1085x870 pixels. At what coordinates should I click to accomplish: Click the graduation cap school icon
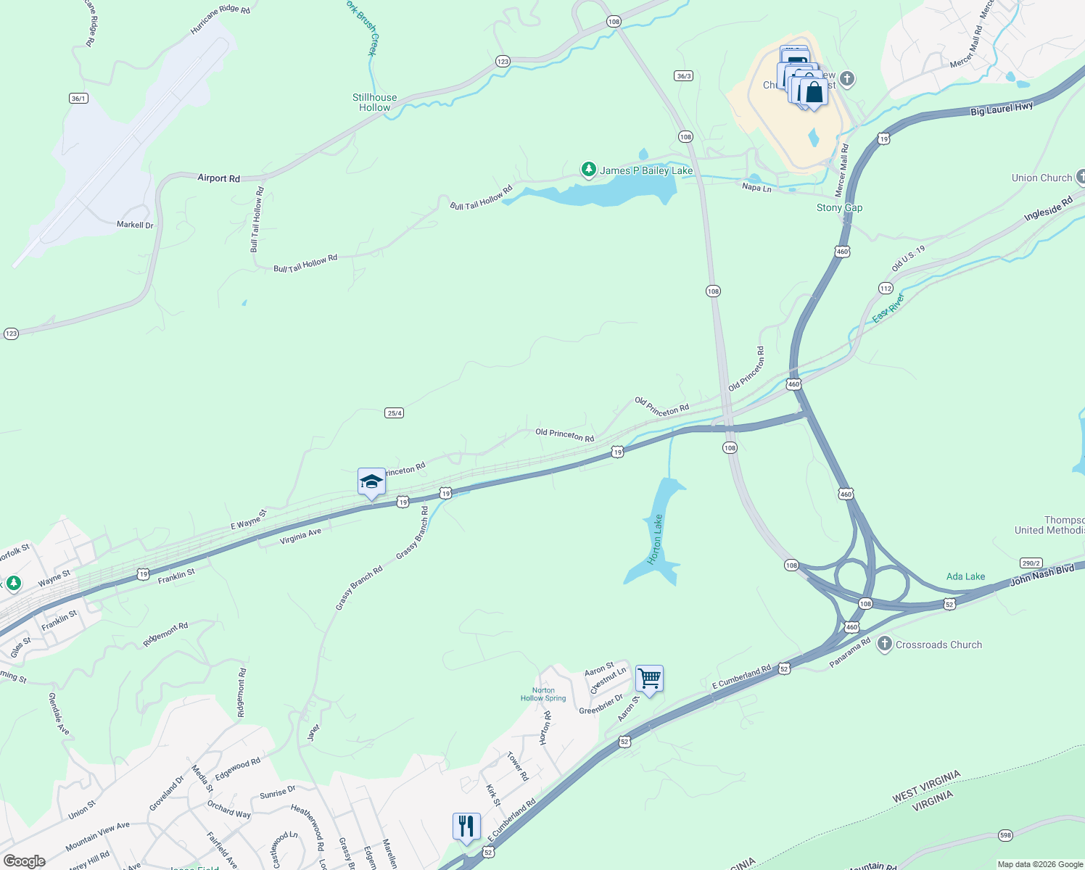pos(371,482)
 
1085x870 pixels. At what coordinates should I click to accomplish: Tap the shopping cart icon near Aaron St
pos(649,679)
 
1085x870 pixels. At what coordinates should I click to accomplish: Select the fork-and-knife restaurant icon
pos(466,826)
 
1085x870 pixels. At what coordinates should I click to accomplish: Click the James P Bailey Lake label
pos(646,170)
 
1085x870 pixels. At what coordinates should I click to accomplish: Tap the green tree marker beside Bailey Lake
pos(588,170)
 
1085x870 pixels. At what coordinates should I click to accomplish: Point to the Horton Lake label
pos(655,539)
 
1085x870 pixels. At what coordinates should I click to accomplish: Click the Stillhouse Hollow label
pos(374,102)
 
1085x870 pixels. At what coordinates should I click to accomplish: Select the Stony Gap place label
pos(839,207)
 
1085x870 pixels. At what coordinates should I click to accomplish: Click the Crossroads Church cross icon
pos(884,644)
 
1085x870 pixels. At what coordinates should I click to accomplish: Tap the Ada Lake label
pos(965,576)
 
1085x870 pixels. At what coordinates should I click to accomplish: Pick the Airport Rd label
pos(218,178)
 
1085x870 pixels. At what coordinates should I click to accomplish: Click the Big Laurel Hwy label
pos(1002,109)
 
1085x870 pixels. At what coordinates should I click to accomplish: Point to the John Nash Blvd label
pos(1042,575)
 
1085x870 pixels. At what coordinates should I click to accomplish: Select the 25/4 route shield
pos(394,413)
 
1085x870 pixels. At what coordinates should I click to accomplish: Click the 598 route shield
pos(1004,835)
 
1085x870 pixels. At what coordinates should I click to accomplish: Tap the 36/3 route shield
pos(683,75)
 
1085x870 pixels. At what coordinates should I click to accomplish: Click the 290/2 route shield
pos(1031,563)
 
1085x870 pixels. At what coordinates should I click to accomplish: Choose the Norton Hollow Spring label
pos(543,695)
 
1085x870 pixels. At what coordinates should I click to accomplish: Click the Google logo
pos(25,861)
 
